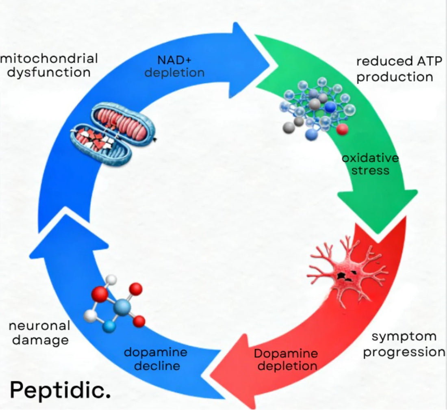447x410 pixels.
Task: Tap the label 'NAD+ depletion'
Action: click(x=175, y=67)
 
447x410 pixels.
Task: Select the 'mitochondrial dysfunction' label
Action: click(x=49, y=65)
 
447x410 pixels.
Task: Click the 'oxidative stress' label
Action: click(x=370, y=163)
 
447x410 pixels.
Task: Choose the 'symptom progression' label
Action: click(x=404, y=344)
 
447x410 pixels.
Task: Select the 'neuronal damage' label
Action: click(x=39, y=332)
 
